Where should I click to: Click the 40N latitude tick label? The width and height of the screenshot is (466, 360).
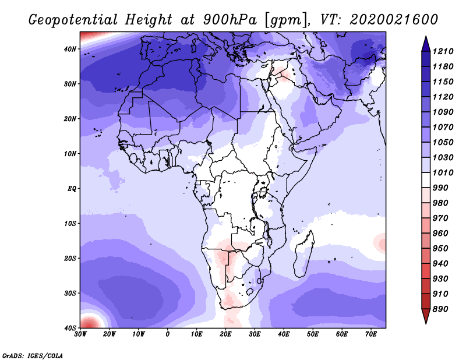point(70,49)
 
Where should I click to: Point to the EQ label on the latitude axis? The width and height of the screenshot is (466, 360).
point(72,189)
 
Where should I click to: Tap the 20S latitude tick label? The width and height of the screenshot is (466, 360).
point(70,258)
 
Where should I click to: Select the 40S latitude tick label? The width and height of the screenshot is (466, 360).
point(70,328)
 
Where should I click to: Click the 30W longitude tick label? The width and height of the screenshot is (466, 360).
point(80,334)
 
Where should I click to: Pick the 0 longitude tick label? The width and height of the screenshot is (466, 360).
point(168,334)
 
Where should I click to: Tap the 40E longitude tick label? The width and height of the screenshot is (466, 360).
point(284,334)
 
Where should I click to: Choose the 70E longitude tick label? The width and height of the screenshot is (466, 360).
point(371,334)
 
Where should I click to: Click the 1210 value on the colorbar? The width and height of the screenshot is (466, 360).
point(443,51)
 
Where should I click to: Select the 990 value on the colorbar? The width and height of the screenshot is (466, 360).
point(440,188)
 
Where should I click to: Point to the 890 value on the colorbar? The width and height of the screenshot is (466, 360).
point(440,309)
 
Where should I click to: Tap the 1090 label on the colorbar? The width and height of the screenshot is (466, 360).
point(443,112)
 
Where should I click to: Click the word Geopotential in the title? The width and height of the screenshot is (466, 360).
point(73,20)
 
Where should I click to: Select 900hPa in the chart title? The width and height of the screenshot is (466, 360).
point(230,20)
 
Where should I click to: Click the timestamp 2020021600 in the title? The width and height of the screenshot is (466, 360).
point(394,20)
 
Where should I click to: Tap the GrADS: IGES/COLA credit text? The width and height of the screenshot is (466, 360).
point(33,355)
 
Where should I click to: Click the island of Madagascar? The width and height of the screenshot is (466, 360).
point(303,254)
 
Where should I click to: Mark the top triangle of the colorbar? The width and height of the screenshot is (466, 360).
point(426,44)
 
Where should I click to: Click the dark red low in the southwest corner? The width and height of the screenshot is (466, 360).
point(89,323)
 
